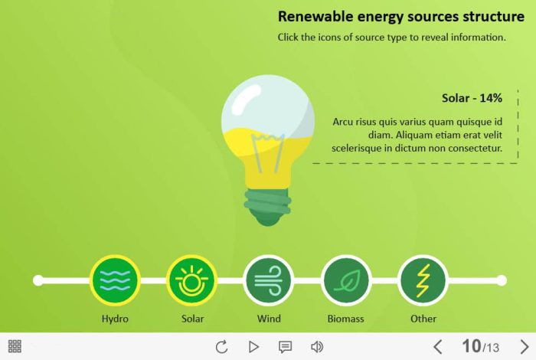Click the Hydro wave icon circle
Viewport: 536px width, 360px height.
tap(115, 280)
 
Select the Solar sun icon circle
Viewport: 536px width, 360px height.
tap(191, 280)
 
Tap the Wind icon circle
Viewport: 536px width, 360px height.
tap(269, 280)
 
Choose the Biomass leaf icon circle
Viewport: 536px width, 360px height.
tap(346, 280)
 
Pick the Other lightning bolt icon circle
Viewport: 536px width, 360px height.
tap(423, 280)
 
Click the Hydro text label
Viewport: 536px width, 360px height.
tap(115, 319)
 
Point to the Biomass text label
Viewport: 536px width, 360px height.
tap(345, 319)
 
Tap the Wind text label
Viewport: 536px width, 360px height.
tap(269, 319)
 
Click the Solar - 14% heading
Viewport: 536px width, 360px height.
tap(472, 98)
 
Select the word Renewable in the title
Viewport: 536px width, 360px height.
tap(315, 16)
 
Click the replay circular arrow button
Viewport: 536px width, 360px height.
tap(221, 347)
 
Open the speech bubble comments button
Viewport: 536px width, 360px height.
tap(285, 347)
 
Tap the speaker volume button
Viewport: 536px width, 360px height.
tap(317, 347)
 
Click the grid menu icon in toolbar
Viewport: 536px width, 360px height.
tap(15, 346)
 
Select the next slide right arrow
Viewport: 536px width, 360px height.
tap(525, 347)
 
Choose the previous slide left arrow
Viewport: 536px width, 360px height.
tap(438, 347)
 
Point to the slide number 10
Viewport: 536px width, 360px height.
tap(472, 346)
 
